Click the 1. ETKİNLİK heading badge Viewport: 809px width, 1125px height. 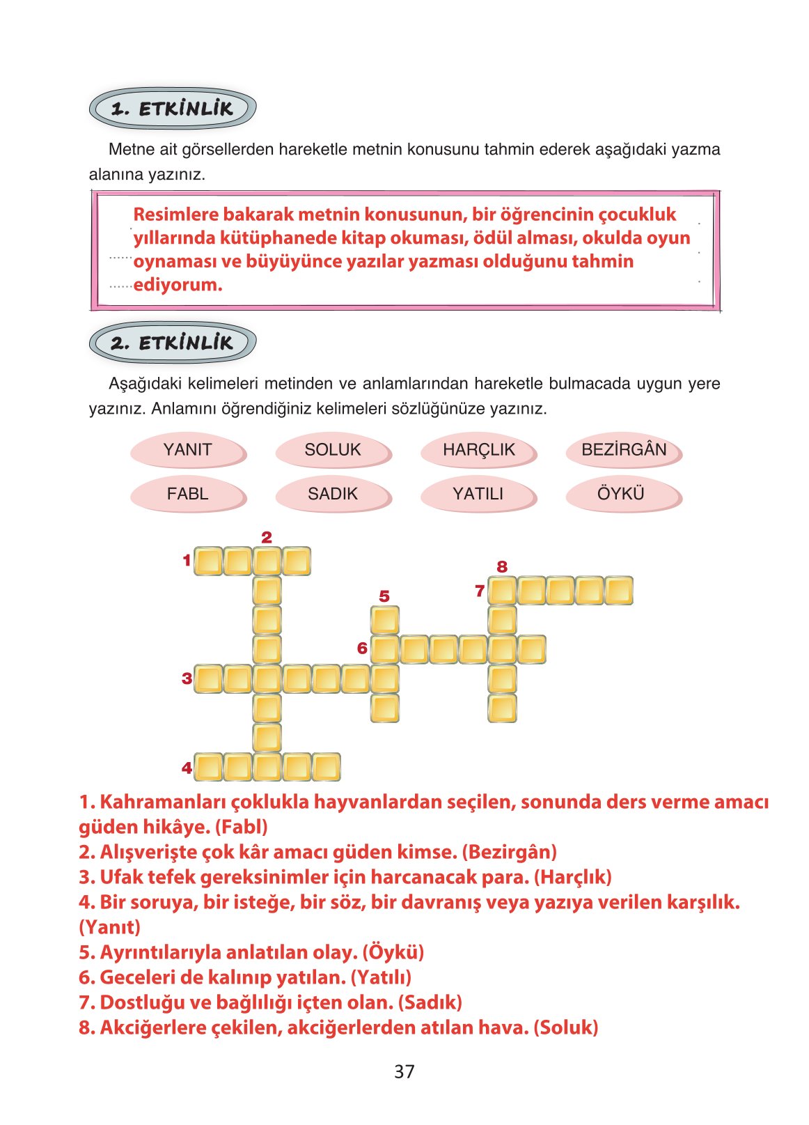pyautogui.click(x=173, y=109)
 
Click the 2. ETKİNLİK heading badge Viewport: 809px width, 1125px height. pyautogui.click(x=173, y=343)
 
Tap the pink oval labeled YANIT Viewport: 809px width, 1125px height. pyautogui.click(x=187, y=450)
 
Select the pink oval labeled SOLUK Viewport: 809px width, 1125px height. pyautogui.click(x=333, y=450)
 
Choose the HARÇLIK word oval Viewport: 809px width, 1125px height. pyautogui.click(x=478, y=450)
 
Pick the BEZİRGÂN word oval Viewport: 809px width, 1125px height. pyautogui.click(x=624, y=450)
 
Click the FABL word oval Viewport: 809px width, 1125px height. pyautogui.click(x=187, y=494)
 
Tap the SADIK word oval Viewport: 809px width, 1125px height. pyautogui.click(x=333, y=494)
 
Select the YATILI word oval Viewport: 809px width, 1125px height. pyautogui.click(x=478, y=494)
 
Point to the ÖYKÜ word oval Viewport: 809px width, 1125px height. pyautogui.click(x=621, y=494)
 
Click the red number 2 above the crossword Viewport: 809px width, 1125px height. pyautogui.click(x=267, y=537)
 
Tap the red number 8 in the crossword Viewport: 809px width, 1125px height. pyautogui.click(x=502, y=567)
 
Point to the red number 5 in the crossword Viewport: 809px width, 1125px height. pyautogui.click(x=384, y=596)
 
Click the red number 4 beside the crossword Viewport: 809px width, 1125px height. pyautogui.click(x=187, y=768)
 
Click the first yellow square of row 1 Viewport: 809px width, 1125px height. pyautogui.click(x=208, y=561)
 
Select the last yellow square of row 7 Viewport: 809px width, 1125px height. pyautogui.click(x=618, y=591)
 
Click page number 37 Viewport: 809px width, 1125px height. pyautogui.click(x=404, y=1071)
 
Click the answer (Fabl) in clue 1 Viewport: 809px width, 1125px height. pyautogui.click(x=241, y=827)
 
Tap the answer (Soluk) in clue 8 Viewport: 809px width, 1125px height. pyautogui.click(x=565, y=1027)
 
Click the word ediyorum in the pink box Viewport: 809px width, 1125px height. pyautogui.click(x=178, y=285)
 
